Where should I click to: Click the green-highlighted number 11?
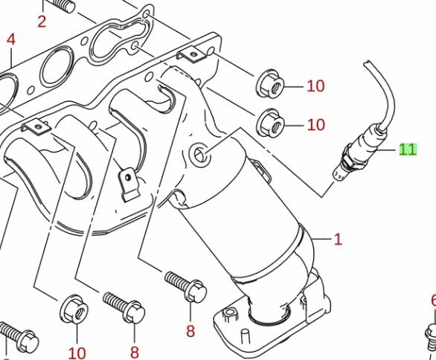(408, 150)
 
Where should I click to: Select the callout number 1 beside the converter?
(338, 240)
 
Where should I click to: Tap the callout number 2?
(42, 22)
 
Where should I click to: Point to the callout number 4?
(11, 39)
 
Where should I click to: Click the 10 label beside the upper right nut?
(315, 86)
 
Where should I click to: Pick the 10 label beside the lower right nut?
(316, 125)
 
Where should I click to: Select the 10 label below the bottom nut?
(77, 353)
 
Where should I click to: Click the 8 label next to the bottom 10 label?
(135, 353)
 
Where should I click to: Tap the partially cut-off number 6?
(434, 300)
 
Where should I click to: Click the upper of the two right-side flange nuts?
(270, 83)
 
